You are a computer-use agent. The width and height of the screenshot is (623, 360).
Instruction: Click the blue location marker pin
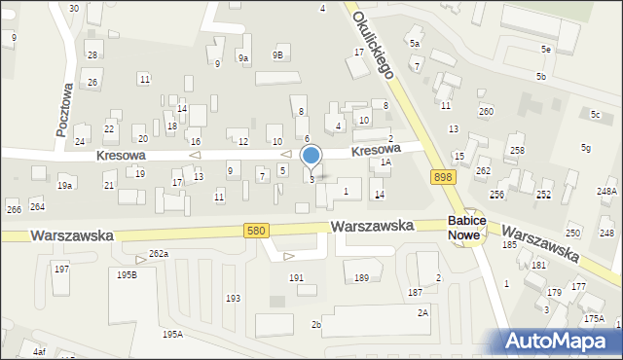click(311, 157)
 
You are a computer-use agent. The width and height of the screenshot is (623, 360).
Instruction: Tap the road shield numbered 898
click(444, 176)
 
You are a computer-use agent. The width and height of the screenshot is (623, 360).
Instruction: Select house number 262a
click(159, 254)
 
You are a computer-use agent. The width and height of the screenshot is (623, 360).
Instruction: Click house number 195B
click(128, 275)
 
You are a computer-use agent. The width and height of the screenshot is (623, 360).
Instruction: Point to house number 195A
click(172, 334)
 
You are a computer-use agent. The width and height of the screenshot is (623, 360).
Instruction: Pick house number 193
click(233, 298)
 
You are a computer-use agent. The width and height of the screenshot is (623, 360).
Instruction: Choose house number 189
click(361, 278)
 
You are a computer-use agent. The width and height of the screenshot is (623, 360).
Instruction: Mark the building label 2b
click(315, 324)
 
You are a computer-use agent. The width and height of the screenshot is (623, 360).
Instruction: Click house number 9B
click(277, 55)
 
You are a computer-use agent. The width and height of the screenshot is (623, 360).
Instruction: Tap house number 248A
click(606, 192)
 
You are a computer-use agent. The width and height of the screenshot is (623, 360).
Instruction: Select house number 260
click(486, 111)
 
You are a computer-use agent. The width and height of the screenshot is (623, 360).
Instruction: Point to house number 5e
click(547, 49)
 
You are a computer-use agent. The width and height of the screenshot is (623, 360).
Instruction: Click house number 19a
click(65, 185)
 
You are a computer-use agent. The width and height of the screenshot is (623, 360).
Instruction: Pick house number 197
click(61, 269)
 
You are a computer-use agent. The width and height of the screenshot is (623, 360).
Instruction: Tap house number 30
click(74, 8)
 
